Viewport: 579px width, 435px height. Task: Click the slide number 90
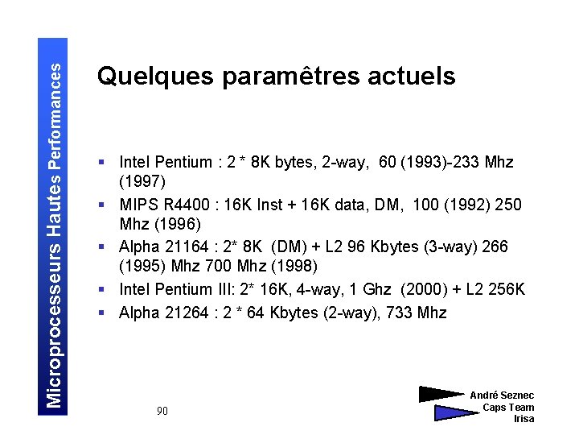click(x=162, y=412)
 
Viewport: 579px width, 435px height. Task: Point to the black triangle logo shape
click(x=441, y=395)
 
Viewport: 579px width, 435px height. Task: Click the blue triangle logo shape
click(x=454, y=412)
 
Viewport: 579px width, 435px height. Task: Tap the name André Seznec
click(x=502, y=396)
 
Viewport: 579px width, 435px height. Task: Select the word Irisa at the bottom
click(x=524, y=419)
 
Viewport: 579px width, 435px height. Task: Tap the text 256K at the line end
click(x=506, y=288)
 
